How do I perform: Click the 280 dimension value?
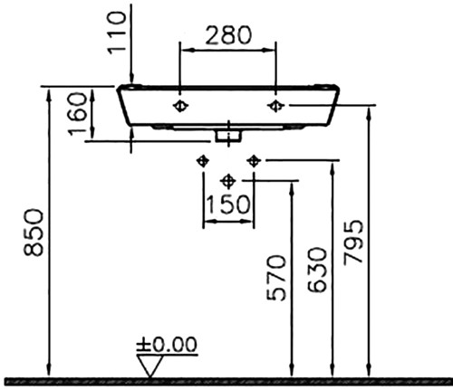[228, 35]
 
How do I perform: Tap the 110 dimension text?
[117, 33]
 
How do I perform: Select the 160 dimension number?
[77, 114]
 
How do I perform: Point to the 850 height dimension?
[34, 233]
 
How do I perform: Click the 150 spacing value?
[228, 205]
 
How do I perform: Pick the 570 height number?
[276, 278]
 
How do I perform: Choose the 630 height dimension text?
[317, 270]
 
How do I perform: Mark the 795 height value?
[353, 243]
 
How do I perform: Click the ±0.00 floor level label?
[167, 345]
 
